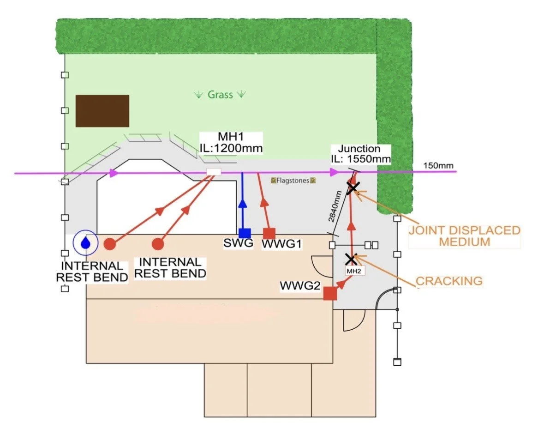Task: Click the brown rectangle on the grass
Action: click(102, 111)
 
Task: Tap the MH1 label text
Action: click(231, 137)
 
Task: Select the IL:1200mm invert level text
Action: click(231, 148)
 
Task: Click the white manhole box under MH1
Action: click(214, 172)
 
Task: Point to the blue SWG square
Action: click(245, 233)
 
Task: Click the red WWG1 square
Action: click(269, 234)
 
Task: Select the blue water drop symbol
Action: click(85, 242)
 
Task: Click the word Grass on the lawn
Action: click(220, 95)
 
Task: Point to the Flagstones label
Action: click(293, 181)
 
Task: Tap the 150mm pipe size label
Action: click(438, 165)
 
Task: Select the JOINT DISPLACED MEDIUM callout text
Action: click(464, 236)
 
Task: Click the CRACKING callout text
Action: click(449, 281)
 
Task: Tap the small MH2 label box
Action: click(354, 271)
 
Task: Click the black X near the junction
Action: click(353, 188)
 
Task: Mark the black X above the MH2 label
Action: click(350, 259)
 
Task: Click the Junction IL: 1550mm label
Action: click(360, 154)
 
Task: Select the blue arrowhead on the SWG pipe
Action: click(243, 204)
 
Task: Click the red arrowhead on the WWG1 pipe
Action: click(264, 202)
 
